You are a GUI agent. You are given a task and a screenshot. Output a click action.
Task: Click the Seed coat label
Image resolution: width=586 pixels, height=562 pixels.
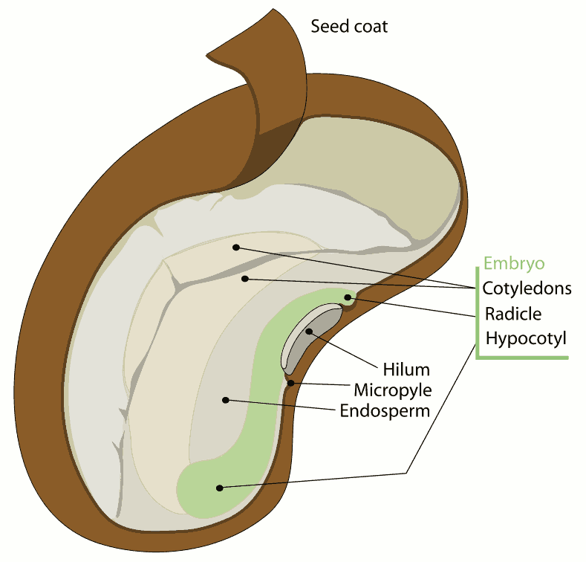(x=349, y=28)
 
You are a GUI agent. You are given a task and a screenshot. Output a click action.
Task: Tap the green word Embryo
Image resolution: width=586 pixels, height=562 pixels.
(x=514, y=263)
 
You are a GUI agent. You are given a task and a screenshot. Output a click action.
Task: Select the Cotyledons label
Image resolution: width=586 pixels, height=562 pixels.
(x=527, y=288)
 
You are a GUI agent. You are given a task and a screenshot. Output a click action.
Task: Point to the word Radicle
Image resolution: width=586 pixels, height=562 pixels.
(x=513, y=313)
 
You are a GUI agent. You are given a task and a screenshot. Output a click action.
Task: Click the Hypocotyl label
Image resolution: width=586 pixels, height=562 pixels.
(x=526, y=338)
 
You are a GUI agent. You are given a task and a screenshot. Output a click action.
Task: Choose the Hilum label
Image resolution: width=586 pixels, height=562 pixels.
(x=406, y=369)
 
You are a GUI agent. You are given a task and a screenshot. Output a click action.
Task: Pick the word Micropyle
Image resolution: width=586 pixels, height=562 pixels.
(x=392, y=390)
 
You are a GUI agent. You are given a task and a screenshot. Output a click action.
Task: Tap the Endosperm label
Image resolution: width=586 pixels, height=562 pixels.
(x=385, y=410)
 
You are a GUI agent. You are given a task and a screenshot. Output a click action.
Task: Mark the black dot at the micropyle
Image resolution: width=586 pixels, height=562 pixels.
(x=292, y=384)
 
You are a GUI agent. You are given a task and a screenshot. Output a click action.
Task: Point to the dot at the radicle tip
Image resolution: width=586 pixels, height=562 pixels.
(x=348, y=298)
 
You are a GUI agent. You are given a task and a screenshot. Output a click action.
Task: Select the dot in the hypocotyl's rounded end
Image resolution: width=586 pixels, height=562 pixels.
(x=219, y=488)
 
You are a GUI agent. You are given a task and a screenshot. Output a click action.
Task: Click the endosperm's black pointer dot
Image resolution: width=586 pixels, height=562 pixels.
(x=224, y=401)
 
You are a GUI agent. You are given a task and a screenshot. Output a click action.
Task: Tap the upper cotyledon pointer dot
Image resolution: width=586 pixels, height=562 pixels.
(x=236, y=247)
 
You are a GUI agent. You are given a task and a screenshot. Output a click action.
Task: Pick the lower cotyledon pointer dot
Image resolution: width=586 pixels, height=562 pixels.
(x=244, y=279)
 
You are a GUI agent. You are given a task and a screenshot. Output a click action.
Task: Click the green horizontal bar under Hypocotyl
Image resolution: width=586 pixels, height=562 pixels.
(x=523, y=358)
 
